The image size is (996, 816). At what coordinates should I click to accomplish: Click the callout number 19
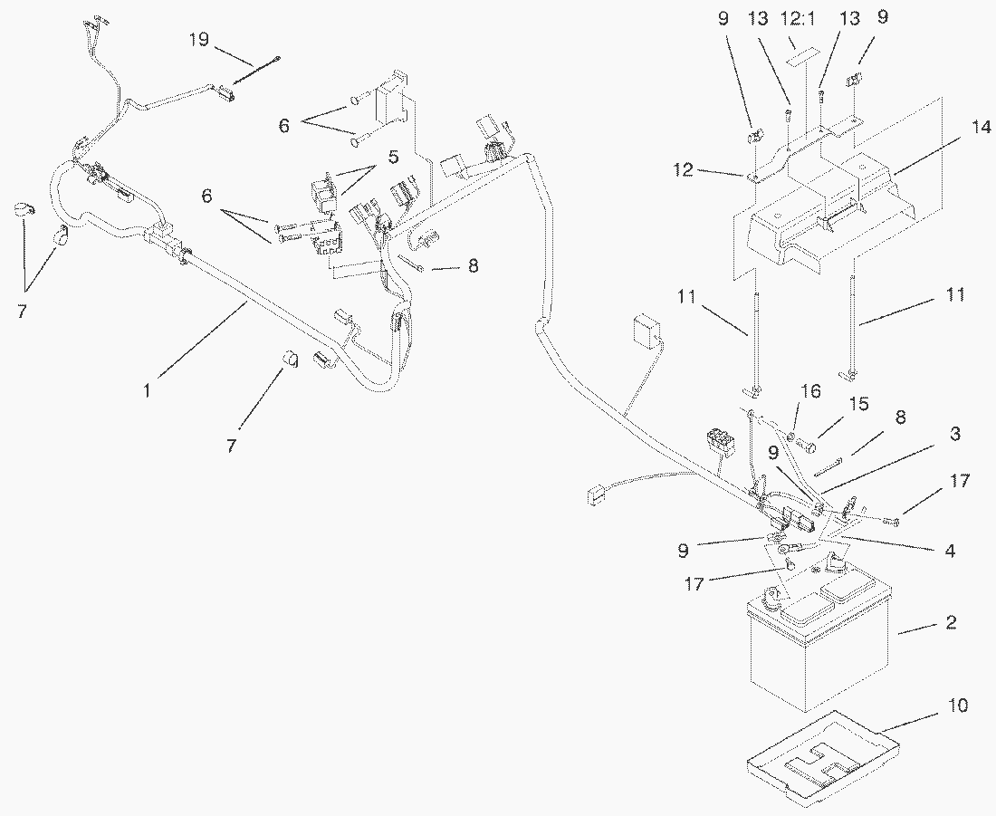tap(199, 39)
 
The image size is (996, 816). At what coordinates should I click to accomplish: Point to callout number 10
tap(959, 706)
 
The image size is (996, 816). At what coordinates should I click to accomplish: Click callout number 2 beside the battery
tap(950, 623)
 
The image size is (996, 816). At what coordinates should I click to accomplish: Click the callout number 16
tap(811, 392)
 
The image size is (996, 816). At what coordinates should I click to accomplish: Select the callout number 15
tap(857, 403)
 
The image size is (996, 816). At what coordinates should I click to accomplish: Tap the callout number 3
tap(953, 435)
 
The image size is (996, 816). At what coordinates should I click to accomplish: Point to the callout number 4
tap(949, 550)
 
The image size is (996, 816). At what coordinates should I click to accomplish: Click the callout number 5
tap(392, 157)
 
